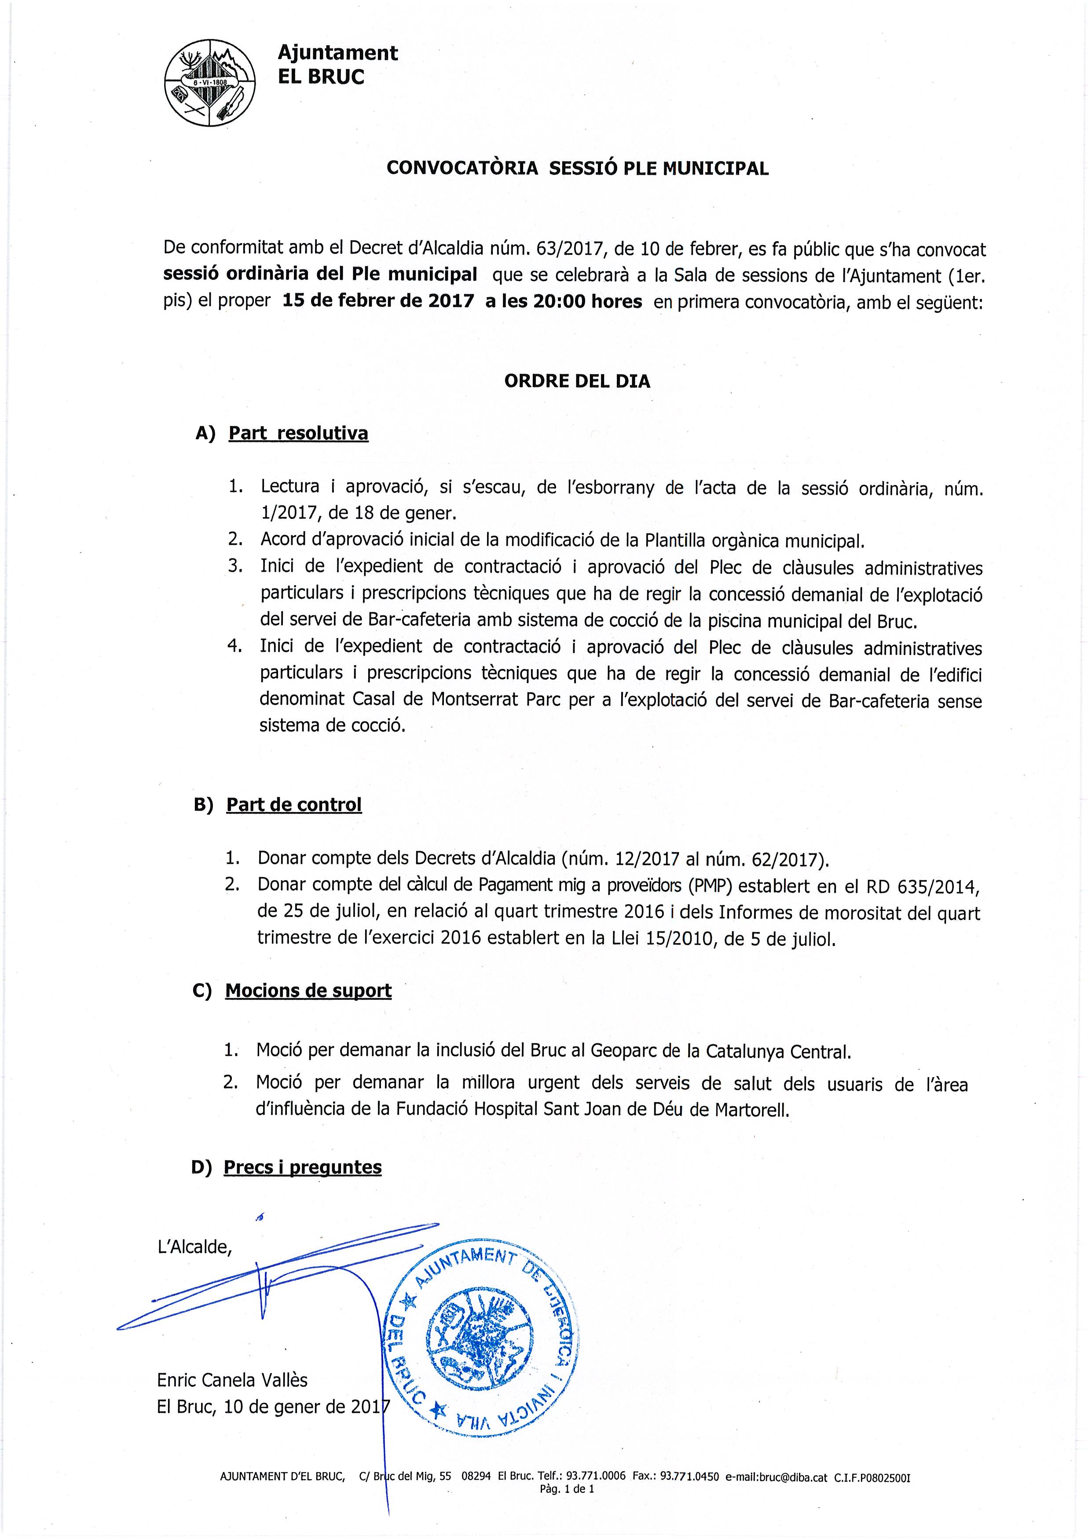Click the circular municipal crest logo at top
pyautogui.click(x=210, y=82)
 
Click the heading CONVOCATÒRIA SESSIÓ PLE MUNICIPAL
pyautogui.click(x=578, y=168)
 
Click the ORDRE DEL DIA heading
pyautogui.click(x=577, y=382)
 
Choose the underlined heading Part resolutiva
pyautogui.click(x=298, y=433)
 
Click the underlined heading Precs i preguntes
pyautogui.click(x=302, y=1167)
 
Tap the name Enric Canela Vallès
pyautogui.click(x=232, y=1380)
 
